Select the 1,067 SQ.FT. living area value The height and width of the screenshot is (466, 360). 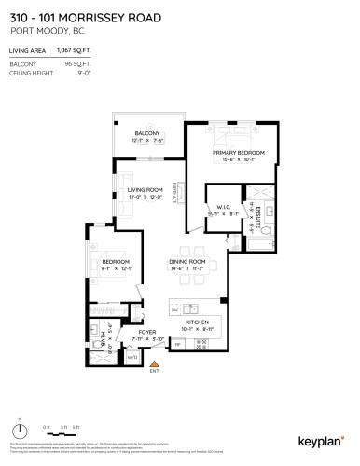point(88,52)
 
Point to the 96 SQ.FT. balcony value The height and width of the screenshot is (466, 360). point(96,64)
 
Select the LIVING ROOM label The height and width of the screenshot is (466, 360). point(145,190)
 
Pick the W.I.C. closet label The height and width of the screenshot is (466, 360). point(224,208)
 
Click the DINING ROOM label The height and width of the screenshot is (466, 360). point(187,262)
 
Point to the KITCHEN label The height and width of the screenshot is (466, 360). point(196,322)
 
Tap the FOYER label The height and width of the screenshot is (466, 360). point(146,333)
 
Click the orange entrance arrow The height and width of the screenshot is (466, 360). point(155,362)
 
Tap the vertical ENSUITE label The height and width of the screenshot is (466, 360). point(252,216)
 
